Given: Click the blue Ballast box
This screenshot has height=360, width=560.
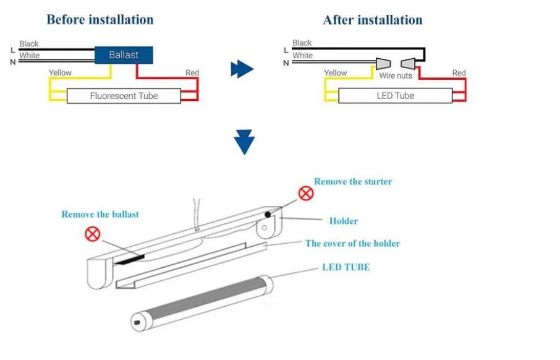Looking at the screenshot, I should point(124,55).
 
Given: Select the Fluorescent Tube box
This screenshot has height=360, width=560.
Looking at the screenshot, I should point(124,96).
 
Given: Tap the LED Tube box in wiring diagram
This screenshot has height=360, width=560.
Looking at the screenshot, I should point(395,96).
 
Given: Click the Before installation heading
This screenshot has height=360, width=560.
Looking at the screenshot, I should point(100,20).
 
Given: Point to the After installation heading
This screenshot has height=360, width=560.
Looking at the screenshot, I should point(373,20).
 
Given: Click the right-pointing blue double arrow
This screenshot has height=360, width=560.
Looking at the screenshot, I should point(242,69).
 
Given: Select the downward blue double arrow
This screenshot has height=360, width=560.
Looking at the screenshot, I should point(245,142).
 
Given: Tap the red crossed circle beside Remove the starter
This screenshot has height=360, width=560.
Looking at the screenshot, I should point(306,194).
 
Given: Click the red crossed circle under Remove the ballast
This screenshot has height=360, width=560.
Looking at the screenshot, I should point(93,234).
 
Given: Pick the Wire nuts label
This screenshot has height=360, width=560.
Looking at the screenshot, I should point(396,76).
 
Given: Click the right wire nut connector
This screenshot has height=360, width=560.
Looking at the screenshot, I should point(408,63).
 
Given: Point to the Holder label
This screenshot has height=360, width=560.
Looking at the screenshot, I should point(344,221).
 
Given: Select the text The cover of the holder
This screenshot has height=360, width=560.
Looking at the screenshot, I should point(352,243).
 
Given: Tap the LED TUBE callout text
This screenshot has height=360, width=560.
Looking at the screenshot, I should point(346,267).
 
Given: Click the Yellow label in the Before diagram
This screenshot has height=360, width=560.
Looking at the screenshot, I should point(61,73).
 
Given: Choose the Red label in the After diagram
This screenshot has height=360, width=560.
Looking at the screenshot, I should point(459,73).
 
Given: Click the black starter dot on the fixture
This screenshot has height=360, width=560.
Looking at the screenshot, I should point(268,215).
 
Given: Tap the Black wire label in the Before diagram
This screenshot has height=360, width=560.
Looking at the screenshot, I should point(29,44).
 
